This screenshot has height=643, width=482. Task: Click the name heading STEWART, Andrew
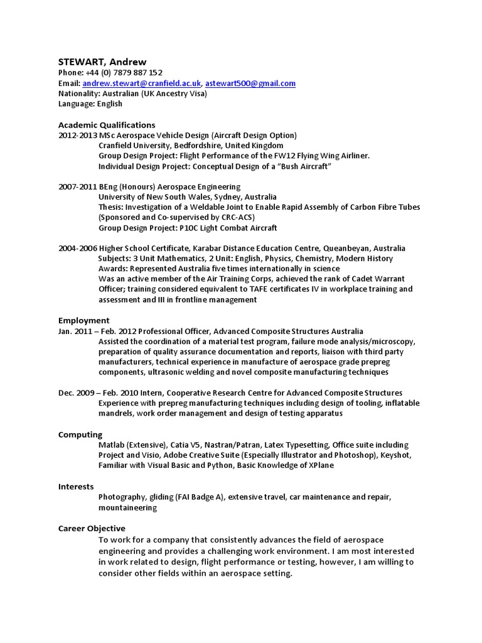102,62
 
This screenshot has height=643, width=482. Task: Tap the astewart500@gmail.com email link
251,84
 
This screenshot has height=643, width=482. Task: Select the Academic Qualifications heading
107,125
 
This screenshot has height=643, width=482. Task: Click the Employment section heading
84,320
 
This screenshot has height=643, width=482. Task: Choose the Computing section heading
80,435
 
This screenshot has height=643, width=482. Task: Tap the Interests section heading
76,487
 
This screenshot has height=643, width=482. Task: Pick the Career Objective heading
92,529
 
